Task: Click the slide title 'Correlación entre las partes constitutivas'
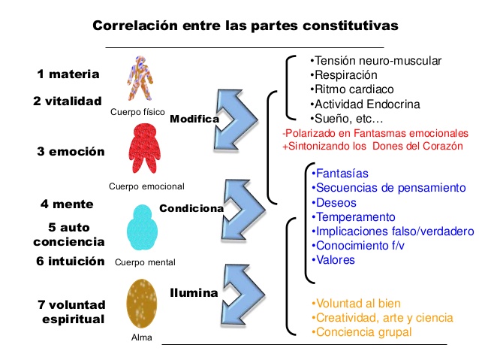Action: click(245, 26)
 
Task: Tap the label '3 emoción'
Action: click(71, 151)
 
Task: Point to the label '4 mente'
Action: click(66, 204)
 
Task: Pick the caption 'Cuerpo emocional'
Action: click(146, 186)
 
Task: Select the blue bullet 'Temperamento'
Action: click(351, 217)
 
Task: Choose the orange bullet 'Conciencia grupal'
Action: click(362, 331)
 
